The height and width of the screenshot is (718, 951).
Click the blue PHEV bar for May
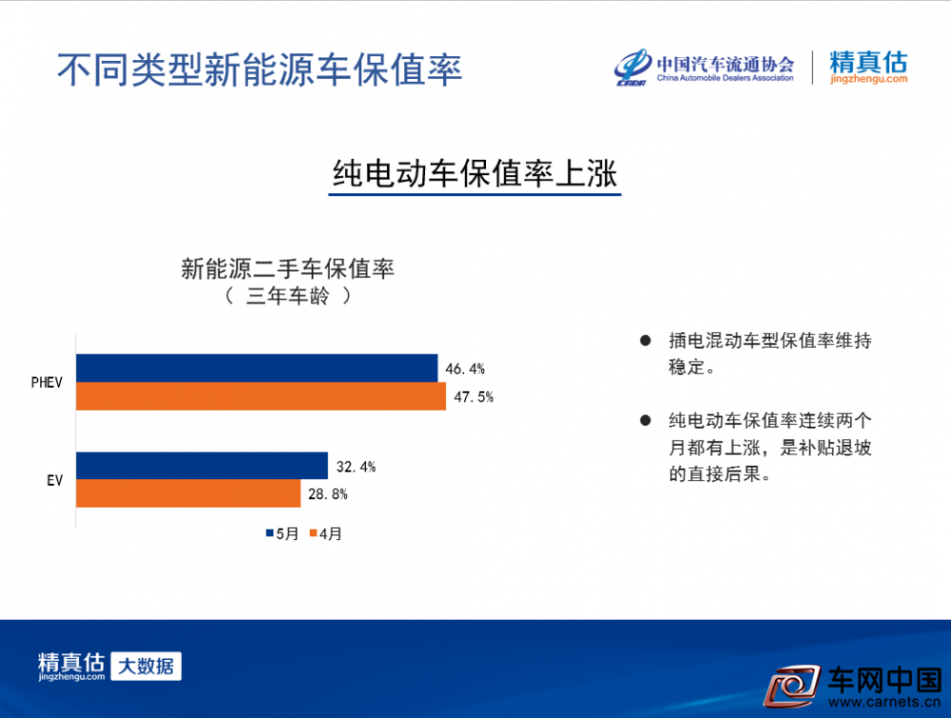click(x=257, y=368)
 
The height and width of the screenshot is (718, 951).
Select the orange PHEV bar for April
click(x=261, y=396)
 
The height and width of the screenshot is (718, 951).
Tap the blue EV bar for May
click(x=202, y=466)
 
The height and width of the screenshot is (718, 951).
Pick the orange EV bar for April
click(x=188, y=494)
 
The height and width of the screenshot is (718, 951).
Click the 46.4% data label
click(x=465, y=369)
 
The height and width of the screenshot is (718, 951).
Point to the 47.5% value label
click(x=474, y=398)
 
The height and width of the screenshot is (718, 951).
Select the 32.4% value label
click(x=356, y=467)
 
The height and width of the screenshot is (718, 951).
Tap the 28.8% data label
click(x=328, y=495)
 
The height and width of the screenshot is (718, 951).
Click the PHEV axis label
click(x=47, y=382)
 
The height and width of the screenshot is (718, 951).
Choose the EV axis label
click(x=54, y=481)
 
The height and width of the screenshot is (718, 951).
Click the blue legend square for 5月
click(x=270, y=534)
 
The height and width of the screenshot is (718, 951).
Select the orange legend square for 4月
click(x=314, y=534)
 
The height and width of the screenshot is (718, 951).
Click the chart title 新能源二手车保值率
click(x=287, y=268)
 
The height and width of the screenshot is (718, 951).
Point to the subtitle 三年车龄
click(x=288, y=296)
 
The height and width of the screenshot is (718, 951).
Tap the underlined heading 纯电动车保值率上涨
click(x=475, y=174)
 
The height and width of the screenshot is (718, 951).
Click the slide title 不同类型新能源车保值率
click(x=260, y=69)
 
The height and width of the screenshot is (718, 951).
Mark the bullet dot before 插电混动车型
click(x=646, y=340)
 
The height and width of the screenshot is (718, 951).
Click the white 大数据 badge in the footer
click(x=146, y=666)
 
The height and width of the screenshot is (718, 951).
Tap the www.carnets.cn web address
click(x=884, y=702)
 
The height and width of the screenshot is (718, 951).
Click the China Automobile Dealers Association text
click(x=726, y=78)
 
